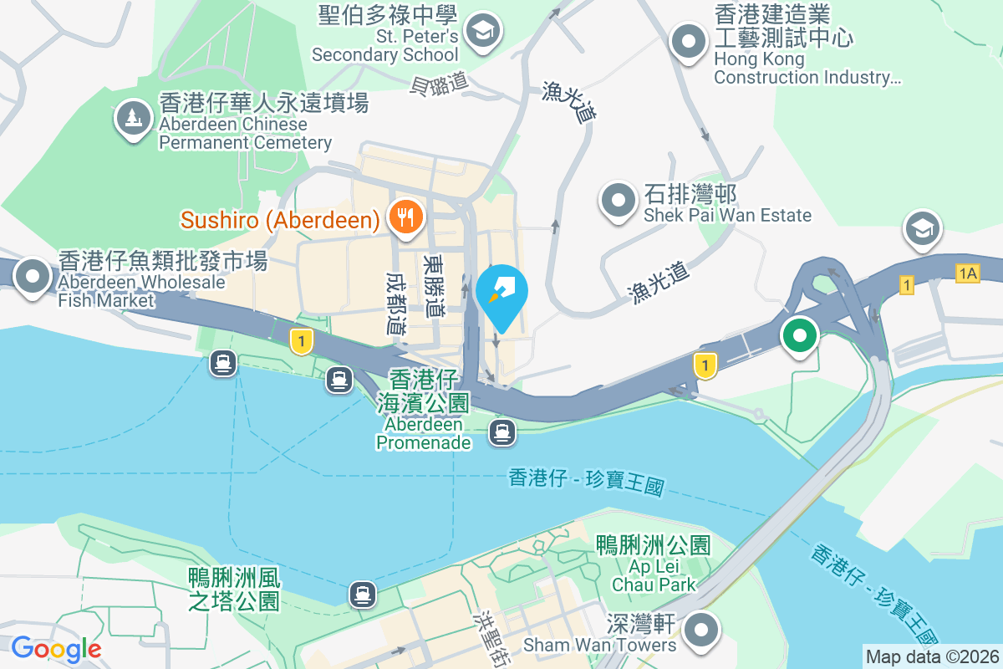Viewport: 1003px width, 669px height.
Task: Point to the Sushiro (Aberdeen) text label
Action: point(281,221)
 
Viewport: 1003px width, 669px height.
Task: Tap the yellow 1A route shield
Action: point(968,273)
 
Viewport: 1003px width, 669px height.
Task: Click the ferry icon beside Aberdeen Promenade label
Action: point(501,432)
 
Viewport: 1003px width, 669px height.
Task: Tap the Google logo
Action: point(56,648)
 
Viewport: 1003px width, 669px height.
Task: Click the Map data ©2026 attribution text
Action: point(932,656)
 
